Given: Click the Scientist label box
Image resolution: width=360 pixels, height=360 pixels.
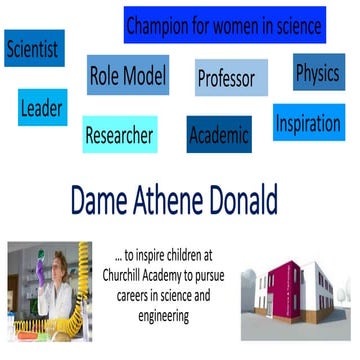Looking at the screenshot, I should [x=33, y=48].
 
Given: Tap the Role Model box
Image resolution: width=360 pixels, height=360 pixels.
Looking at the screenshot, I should [x=128, y=75].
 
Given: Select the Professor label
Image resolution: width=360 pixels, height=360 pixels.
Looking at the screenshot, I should [x=226, y=78].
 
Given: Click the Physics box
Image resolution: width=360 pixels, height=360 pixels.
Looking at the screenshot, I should [x=318, y=72].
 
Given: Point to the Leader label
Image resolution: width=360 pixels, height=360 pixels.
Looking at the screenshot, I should [x=41, y=107].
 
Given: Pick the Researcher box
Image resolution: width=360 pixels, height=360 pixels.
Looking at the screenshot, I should [x=119, y=135].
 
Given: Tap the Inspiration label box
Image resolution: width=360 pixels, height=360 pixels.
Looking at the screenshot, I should [x=307, y=125].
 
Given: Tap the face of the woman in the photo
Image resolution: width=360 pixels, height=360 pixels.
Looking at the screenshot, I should [x=47, y=271].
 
